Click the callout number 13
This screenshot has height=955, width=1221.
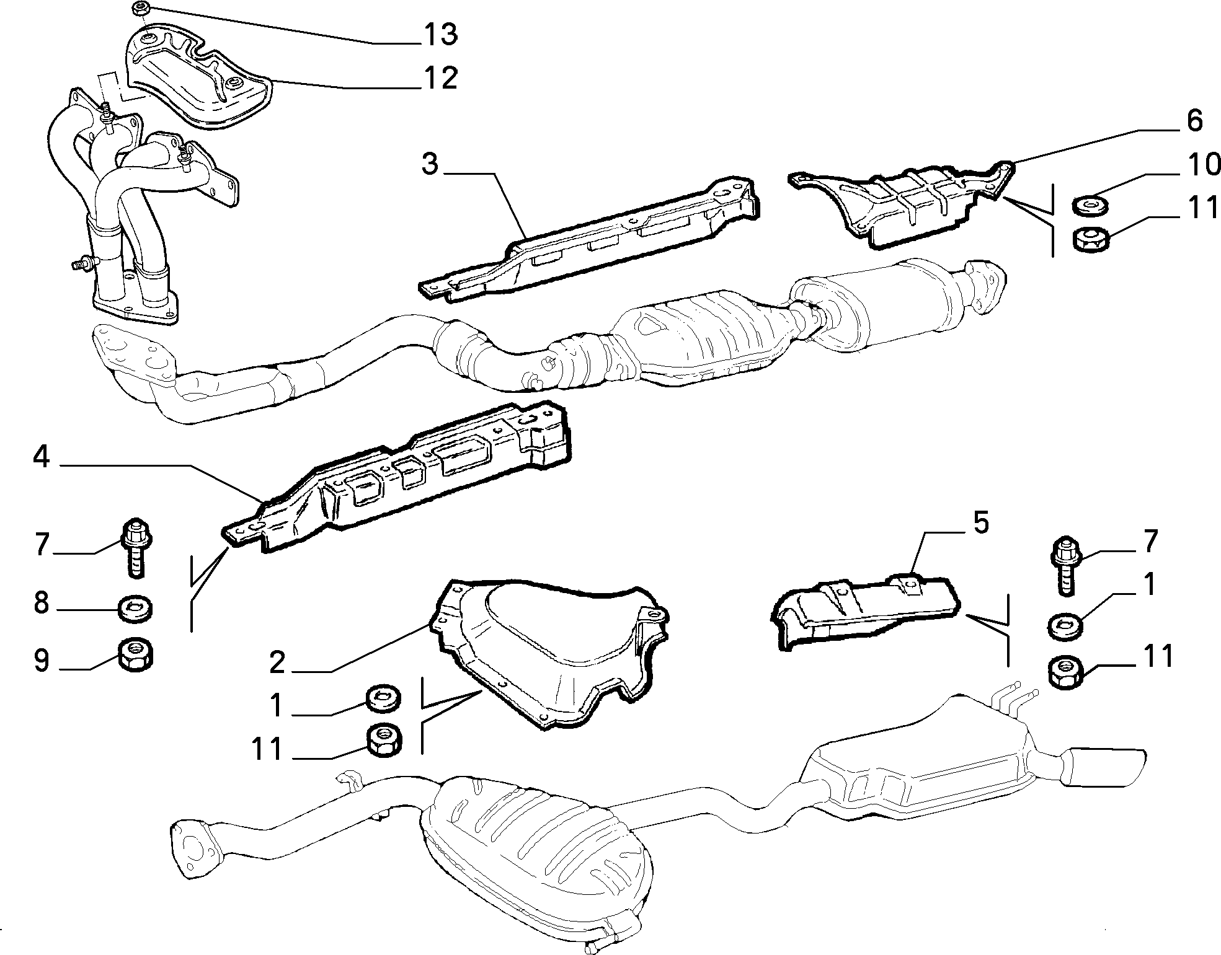[x=440, y=34]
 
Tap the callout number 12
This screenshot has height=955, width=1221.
[x=440, y=78]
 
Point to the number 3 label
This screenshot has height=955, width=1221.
[x=429, y=165]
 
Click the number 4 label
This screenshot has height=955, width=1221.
[x=41, y=458]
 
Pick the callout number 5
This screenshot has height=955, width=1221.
[x=980, y=523]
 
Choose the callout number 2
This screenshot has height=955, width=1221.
[x=277, y=663]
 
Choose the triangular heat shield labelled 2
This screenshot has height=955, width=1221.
[x=551, y=650]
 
